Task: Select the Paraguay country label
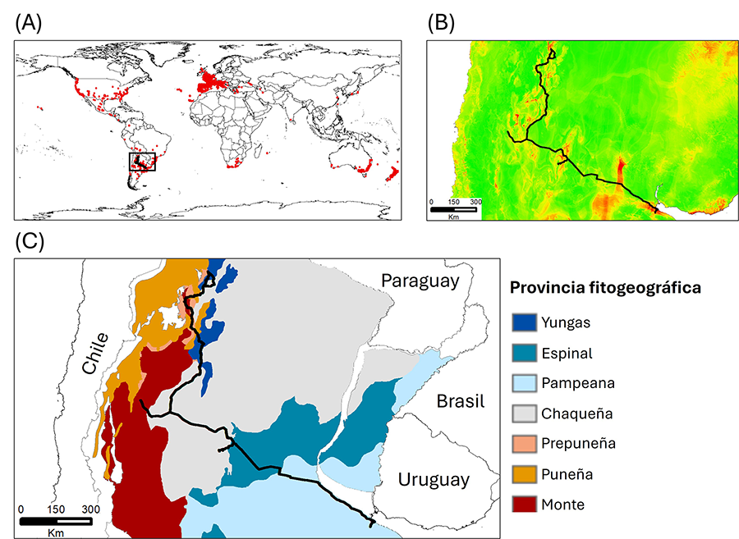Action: [x=418, y=281]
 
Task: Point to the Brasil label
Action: [x=460, y=401]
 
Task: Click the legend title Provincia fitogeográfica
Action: [x=604, y=289]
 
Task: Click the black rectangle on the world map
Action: [x=143, y=162]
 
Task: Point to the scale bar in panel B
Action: [x=453, y=210]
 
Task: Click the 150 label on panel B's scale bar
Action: [x=453, y=201]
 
